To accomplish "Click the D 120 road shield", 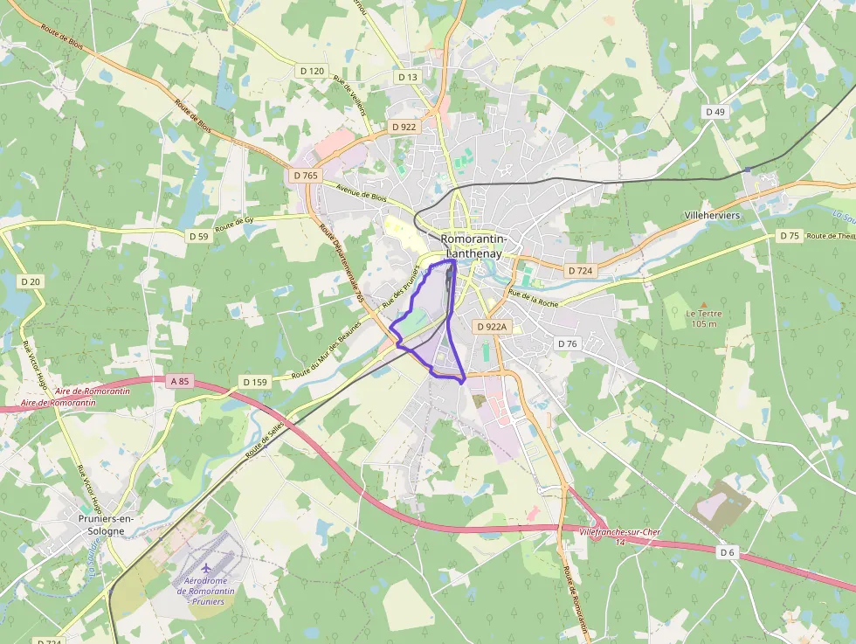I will click(x=311, y=71).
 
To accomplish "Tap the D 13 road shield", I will click(x=408, y=77).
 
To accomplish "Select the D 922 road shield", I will click(x=404, y=127).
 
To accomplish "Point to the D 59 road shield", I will click(x=199, y=236).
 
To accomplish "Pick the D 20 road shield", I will click(x=31, y=281).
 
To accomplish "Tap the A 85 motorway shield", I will click(x=180, y=381).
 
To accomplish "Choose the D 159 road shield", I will click(x=255, y=382).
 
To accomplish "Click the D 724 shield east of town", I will click(x=580, y=271).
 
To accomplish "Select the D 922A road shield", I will click(x=492, y=326).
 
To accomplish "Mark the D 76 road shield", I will click(x=568, y=343).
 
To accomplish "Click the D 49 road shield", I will click(x=715, y=112).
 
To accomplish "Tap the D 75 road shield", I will click(x=790, y=236).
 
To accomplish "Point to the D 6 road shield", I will click(x=728, y=552).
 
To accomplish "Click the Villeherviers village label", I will click(x=714, y=215).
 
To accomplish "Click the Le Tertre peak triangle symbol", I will click(x=703, y=304).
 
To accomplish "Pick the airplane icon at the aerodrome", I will click(x=206, y=571).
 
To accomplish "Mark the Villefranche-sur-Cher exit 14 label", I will click(x=619, y=537).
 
